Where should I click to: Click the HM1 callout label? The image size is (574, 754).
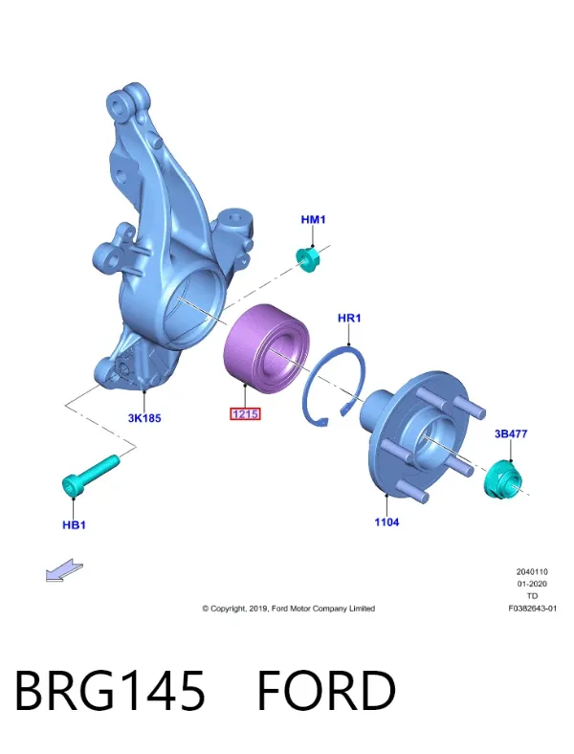coord(313,220)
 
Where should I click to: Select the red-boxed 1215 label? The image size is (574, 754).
coord(245,413)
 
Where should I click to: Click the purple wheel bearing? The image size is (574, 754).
coord(267,347)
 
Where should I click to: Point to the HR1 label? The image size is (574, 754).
coord(349,318)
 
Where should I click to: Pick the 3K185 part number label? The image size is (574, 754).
coord(144,418)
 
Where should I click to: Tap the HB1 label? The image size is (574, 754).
coord(74,525)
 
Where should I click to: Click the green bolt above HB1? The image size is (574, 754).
coord(91,476)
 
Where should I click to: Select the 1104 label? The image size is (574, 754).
coord(386,522)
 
